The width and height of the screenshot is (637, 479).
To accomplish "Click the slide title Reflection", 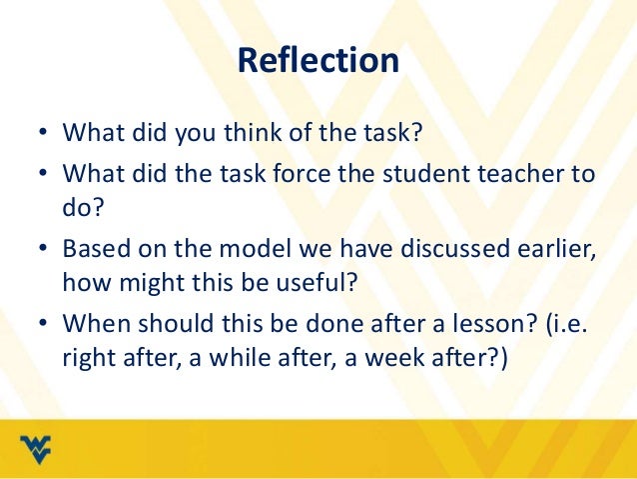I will (x=318, y=62).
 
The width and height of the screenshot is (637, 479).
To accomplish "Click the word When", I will (x=92, y=324).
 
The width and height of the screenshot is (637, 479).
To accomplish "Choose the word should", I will (x=168, y=324).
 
